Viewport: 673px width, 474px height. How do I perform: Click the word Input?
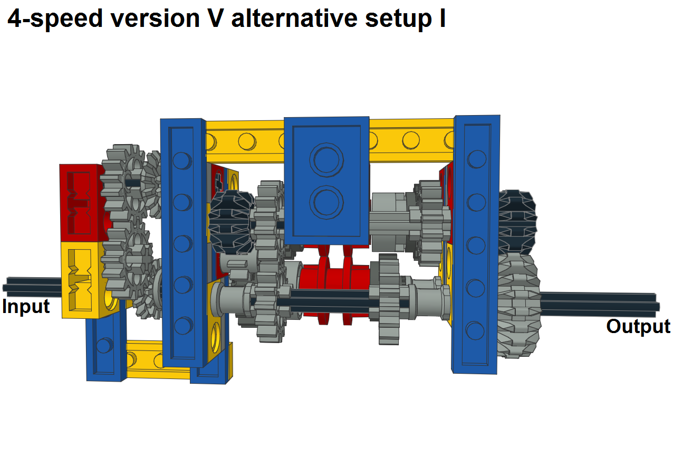click(26, 307)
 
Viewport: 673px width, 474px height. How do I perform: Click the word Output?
click(638, 327)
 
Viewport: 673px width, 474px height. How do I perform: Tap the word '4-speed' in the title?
click(55, 18)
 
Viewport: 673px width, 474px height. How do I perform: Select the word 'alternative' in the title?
click(294, 18)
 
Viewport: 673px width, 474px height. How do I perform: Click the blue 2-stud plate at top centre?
click(326, 181)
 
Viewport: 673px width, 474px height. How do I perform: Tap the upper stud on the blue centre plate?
click(326, 160)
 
